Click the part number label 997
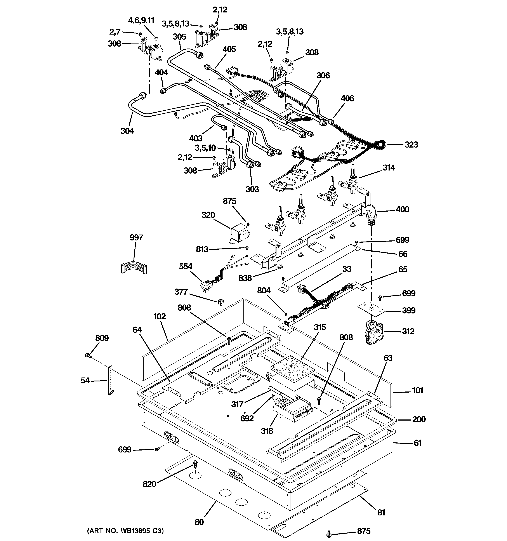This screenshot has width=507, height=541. click(136, 238)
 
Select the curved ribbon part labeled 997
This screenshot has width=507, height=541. click(134, 268)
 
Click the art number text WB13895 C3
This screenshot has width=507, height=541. click(125, 530)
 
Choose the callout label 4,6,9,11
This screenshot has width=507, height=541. click(141, 20)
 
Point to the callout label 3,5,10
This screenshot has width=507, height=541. click(205, 148)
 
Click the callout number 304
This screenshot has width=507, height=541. click(127, 131)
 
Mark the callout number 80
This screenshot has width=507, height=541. click(199, 522)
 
